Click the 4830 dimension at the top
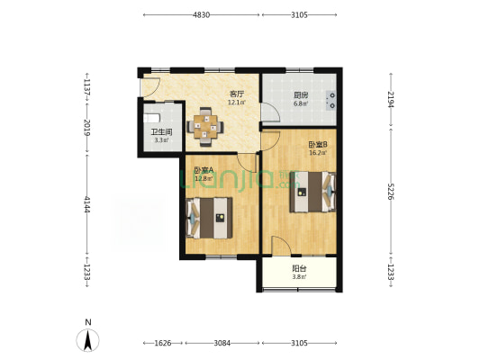[x=201, y=14]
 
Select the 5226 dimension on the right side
[x=391, y=192]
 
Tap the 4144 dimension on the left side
[x=87, y=204]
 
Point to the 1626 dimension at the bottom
[x=162, y=343]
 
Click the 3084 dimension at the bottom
[x=222, y=343]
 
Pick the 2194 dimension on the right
[x=391, y=99]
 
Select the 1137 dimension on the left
[x=87, y=87]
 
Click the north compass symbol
[x=88, y=340]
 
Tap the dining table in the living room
[x=205, y=126]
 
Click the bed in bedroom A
[x=209, y=218]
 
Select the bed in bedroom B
[x=312, y=192]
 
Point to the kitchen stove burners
[x=331, y=101]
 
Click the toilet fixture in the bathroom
[x=151, y=118]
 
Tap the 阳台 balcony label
[x=299, y=269]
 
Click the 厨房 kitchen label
[x=301, y=94]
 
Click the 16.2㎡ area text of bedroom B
[x=319, y=153]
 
